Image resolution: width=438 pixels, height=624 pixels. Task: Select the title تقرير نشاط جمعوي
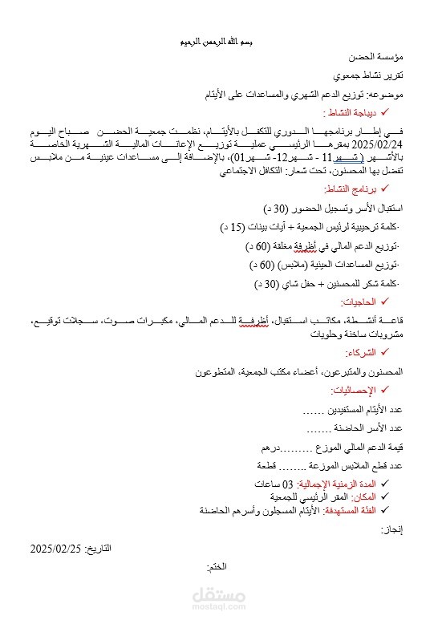[x=375, y=76]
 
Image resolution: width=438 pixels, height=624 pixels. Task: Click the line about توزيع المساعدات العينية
[x=333, y=264]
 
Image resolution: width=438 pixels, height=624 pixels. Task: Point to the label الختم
[x=216, y=567]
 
